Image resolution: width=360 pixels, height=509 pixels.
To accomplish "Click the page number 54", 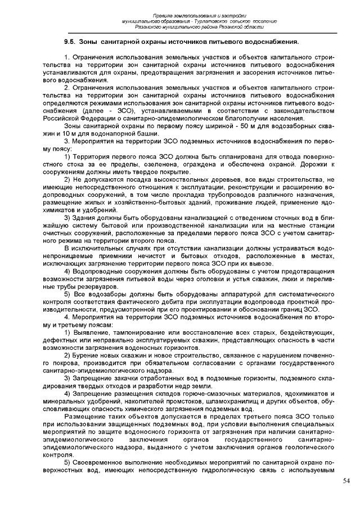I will pos(346,481).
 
